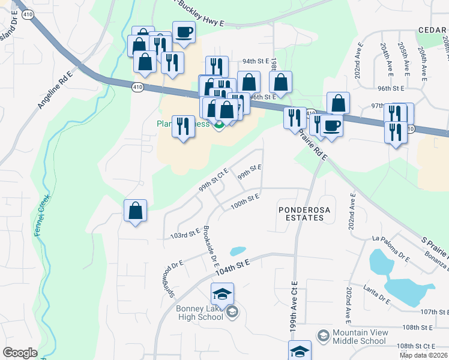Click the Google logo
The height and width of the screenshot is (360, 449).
(x=20, y=353)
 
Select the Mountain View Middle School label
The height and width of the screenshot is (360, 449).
(x=359, y=337)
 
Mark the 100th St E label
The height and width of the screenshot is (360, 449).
(x=245, y=200)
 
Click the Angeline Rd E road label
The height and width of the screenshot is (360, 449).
(x=55, y=89)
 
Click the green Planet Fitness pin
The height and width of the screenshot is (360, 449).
(x=219, y=125)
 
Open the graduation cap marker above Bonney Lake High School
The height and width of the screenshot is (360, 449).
(x=222, y=295)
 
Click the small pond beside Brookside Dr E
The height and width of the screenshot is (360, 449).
(x=238, y=251)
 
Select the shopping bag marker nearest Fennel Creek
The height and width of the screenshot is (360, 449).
(x=136, y=211)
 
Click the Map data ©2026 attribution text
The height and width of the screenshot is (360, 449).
(x=423, y=355)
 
